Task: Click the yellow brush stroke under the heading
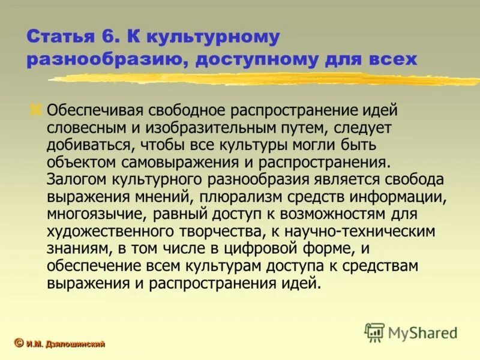point(264,79)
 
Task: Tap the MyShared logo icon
point(375,332)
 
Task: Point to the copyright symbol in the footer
point(19,343)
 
